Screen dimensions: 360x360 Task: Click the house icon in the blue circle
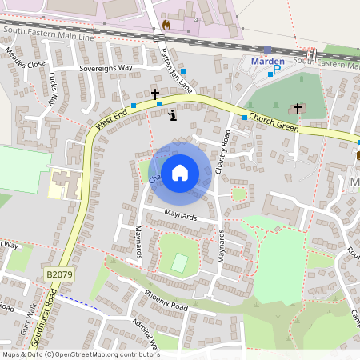click(x=180, y=171)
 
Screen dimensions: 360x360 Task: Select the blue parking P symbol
click(x=278, y=70)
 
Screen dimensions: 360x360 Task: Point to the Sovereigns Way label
click(x=105, y=69)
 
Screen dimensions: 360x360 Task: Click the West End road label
click(x=111, y=121)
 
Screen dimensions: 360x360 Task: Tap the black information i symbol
click(x=174, y=115)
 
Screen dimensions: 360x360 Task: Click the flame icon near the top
click(x=166, y=24)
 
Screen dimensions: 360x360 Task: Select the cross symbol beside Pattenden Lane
click(x=155, y=94)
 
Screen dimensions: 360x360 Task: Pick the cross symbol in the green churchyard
click(x=298, y=107)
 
